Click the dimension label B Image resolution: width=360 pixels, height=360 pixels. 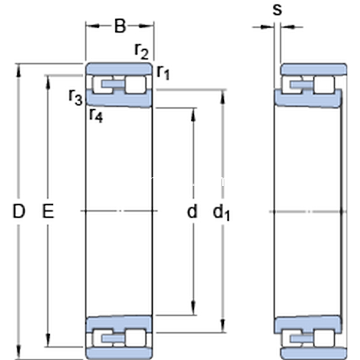click(x=120, y=26)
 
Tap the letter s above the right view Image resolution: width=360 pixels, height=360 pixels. click(x=277, y=10)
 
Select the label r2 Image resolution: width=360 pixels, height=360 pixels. click(x=142, y=51)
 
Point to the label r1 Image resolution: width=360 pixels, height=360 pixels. click(x=163, y=72)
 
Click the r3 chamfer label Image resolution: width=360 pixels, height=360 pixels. click(x=76, y=97)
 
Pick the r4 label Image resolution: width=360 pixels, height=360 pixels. click(x=96, y=115)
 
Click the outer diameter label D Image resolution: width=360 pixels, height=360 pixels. click(x=19, y=211)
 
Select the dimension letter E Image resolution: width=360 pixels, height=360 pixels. click(x=48, y=211)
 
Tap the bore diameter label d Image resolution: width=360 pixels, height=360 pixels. click(x=192, y=211)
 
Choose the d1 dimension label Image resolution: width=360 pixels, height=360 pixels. click(x=221, y=212)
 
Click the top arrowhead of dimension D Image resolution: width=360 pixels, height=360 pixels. click(x=19, y=70)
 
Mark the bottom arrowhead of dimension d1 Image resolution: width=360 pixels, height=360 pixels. click(x=223, y=326)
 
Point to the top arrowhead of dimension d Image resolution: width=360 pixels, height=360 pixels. click(x=193, y=115)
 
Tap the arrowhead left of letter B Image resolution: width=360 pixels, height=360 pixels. click(x=93, y=26)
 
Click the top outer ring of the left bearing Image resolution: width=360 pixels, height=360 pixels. click(x=119, y=68)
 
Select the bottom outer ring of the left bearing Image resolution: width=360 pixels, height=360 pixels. click(x=119, y=353)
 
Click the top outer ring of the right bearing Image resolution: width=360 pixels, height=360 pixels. click(x=314, y=69)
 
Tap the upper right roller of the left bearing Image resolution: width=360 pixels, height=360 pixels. click(x=136, y=85)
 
